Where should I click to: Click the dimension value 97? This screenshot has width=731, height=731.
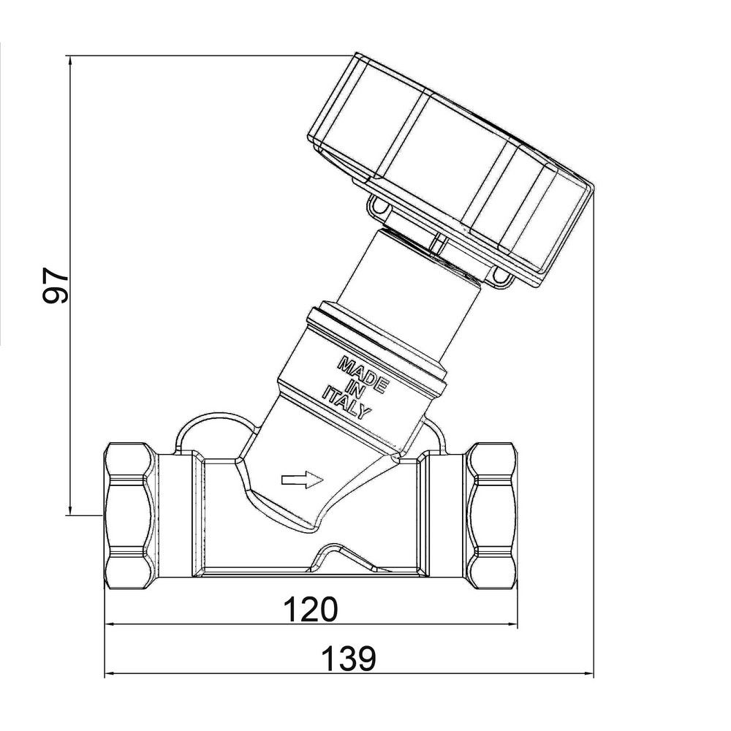(x=55, y=285)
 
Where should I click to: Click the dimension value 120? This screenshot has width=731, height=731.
(x=311, y=608)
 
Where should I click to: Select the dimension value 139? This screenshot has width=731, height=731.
(x=349, y=659)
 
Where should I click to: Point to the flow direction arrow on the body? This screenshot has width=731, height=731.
(x=302, y=480)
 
